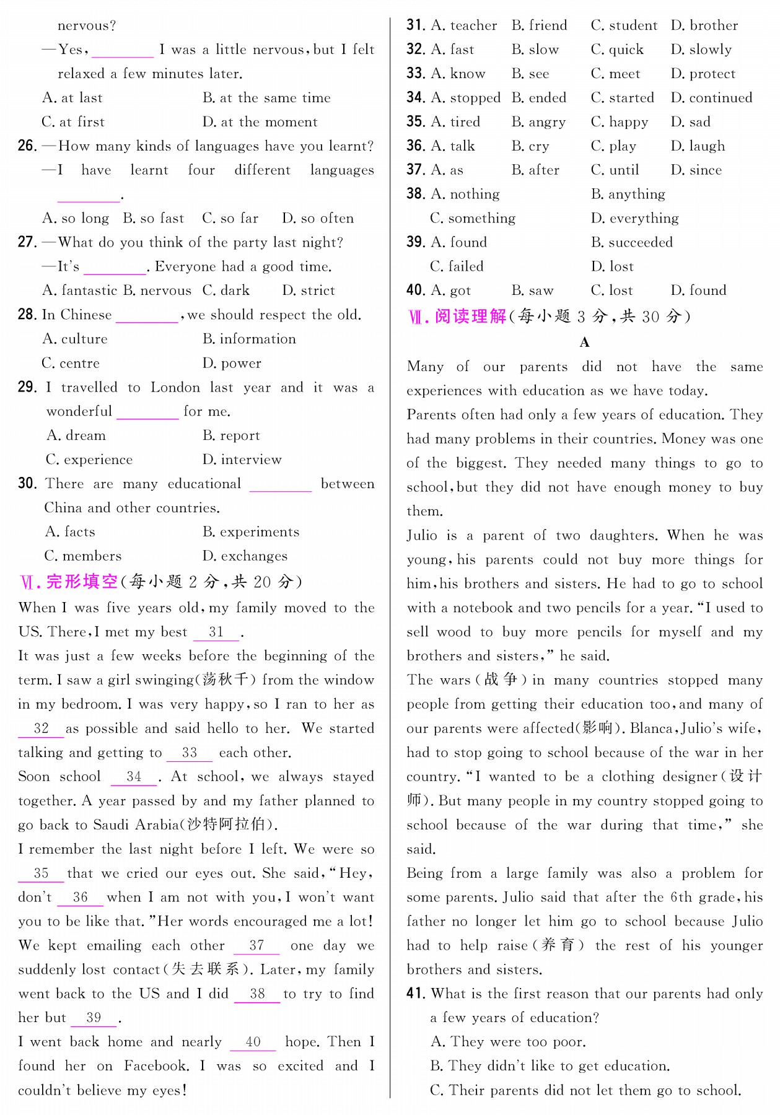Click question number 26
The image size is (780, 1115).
27,146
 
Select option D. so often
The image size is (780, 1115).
318,219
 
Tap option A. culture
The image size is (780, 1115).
75,339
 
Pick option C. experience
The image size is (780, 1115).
89,460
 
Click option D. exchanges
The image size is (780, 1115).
245,556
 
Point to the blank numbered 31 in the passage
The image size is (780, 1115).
216,632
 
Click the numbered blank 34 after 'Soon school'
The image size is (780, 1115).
134,777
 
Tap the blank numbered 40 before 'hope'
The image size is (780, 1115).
253,1043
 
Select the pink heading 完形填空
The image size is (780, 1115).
82,582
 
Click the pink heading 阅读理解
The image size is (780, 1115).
470,317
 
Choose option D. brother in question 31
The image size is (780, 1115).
704,26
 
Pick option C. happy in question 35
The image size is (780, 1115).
620,122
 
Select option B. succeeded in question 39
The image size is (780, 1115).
632,243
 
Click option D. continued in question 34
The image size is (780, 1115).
711,98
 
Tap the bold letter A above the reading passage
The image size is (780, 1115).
584,343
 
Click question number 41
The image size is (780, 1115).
416,994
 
